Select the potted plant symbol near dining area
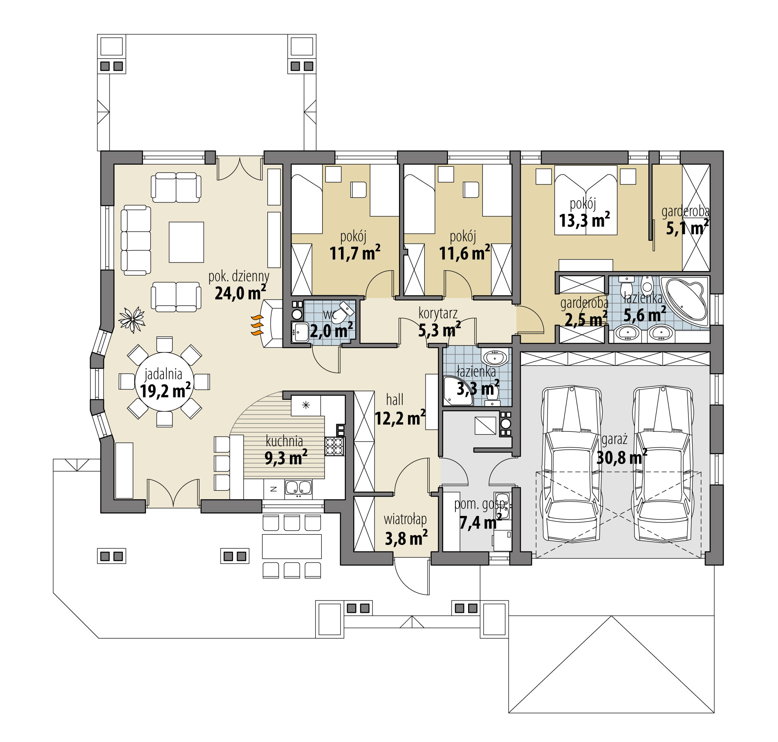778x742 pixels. [x=132, y=319]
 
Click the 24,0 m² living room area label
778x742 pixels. [x=240, y=293]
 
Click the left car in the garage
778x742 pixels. [x=571, y=466]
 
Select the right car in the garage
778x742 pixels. [x=663, y=466]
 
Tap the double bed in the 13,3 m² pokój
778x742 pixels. [x=585, y=200]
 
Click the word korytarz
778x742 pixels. [x=438, y=314]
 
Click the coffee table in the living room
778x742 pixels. [x=186, y=242]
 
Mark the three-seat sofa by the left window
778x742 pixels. [x=136, y=240]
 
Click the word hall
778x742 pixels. [x=395, y=399]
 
